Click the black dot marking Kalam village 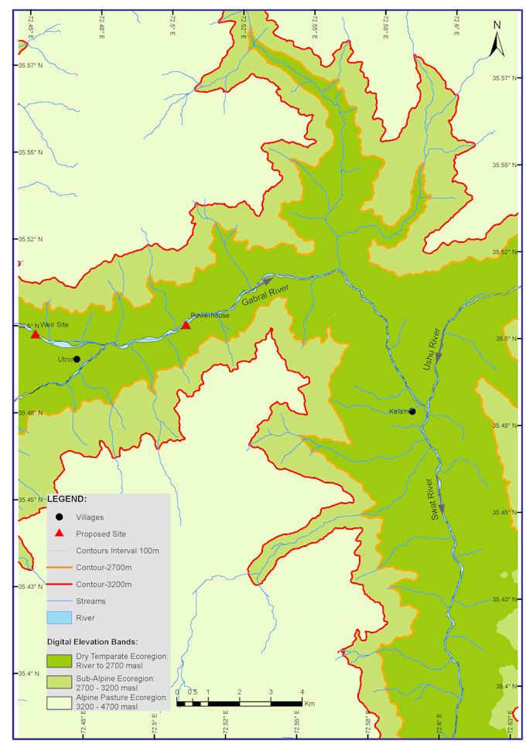point(412,411)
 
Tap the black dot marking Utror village point(77,359)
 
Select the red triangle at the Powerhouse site point(186,325)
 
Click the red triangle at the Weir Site point(35,334)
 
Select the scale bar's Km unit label point(309,704)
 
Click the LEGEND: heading point(67,499)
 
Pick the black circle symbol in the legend point(59,517)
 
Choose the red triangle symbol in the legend point(59,534)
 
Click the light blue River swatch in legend point(59,617)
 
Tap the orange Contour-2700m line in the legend point(59,568)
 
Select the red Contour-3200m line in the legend point(59,584)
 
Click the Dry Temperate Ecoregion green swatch point(59,660)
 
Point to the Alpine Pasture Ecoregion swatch point(59,702)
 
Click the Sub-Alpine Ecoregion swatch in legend point(59,681)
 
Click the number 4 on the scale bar point(302,691)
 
